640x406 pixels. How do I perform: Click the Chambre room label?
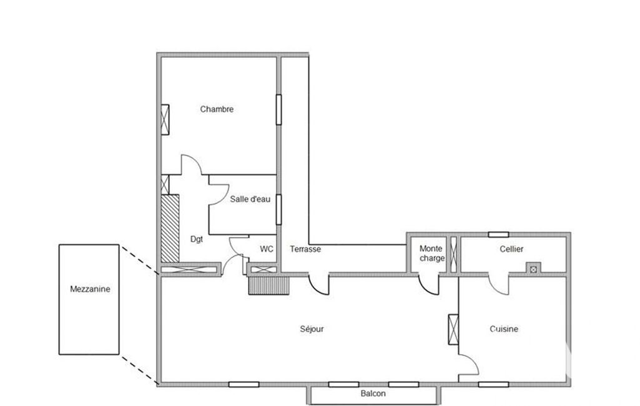(217, 109)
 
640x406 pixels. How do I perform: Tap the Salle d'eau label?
(250, 199)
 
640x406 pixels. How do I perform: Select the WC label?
(267, 249)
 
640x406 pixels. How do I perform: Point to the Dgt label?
(197, 239)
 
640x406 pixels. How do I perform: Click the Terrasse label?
(305, 249)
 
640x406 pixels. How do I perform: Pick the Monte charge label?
(432, 253)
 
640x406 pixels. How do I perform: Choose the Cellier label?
(511, 249)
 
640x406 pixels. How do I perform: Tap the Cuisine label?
(504, 329)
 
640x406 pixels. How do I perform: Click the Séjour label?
(312, 329)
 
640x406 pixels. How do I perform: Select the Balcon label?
(373, 394)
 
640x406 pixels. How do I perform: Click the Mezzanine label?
(90, 289)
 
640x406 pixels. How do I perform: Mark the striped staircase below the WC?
(268, 285)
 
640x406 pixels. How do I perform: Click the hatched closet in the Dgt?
(170, 229)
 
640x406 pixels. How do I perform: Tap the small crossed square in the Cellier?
(533, 269)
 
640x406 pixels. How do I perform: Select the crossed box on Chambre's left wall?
(165, 119)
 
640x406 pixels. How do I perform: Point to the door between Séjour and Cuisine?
(468, 364)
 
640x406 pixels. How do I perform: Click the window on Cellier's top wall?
(498, 234)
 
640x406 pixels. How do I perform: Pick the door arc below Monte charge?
(429, 285)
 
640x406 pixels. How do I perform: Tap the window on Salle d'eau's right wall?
(278, 209)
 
